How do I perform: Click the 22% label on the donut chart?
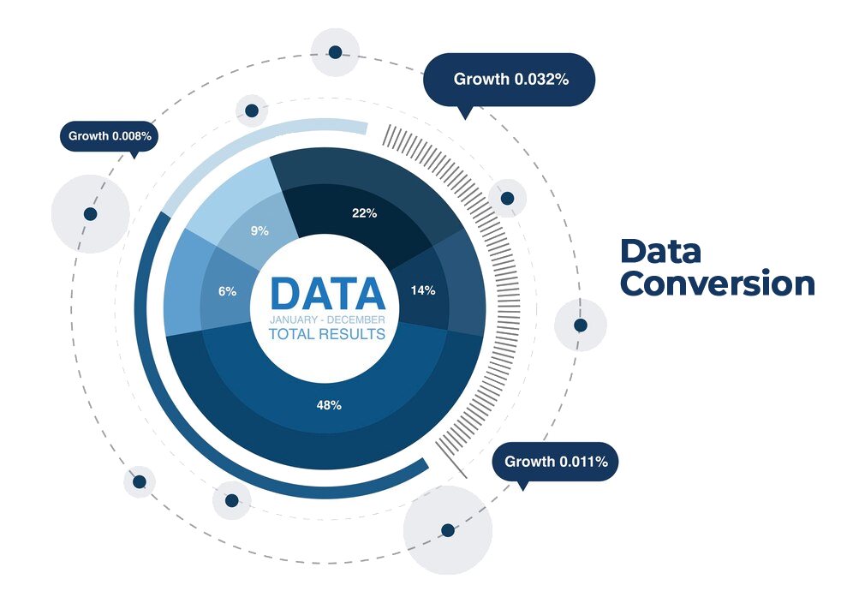364,213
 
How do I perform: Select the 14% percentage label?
423,290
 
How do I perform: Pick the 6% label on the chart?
227,291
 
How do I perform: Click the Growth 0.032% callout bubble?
510,80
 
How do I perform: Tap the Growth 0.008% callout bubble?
110,135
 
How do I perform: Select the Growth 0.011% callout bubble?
556,462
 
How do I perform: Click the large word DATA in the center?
327,294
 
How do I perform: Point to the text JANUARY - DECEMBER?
327,319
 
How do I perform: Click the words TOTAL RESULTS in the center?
327,334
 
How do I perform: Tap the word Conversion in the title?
718,284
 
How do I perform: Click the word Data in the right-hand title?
660,251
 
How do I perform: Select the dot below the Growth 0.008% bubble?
90,213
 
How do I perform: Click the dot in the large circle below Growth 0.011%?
447,530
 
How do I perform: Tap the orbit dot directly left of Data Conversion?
580,325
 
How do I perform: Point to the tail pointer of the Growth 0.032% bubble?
465,111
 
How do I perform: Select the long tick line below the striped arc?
453,459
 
